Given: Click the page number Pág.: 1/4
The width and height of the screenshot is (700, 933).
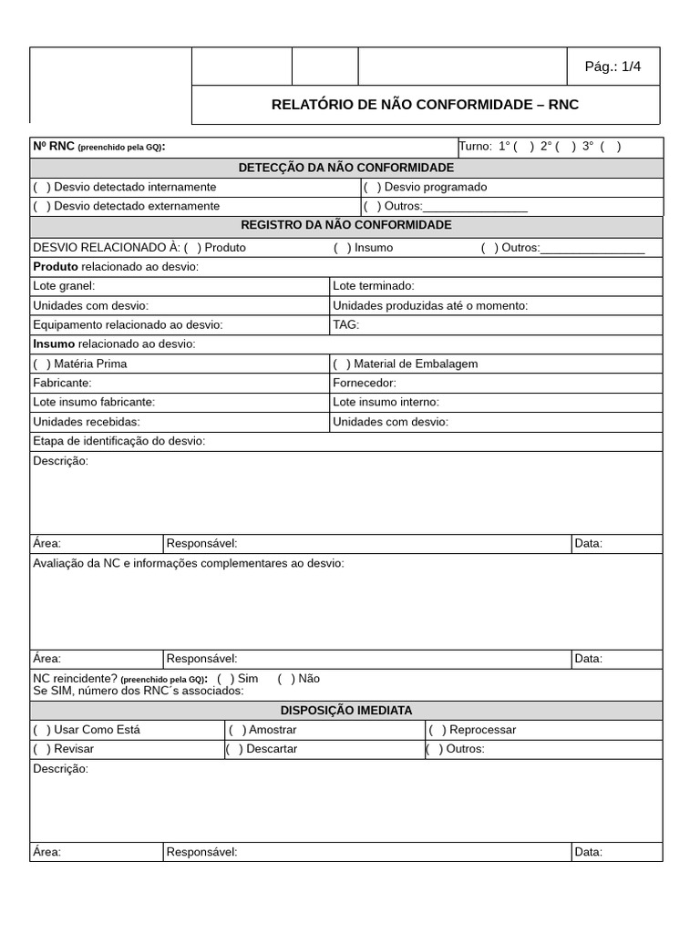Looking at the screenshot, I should point(612,67).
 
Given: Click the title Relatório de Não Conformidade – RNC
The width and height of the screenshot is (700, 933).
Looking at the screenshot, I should point(425,105).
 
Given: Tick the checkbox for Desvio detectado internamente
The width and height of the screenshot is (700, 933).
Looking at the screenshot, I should point(42,187).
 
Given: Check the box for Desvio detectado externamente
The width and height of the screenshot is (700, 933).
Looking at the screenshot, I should point(42,206).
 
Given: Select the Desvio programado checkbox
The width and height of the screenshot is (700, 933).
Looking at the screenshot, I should point(372,187).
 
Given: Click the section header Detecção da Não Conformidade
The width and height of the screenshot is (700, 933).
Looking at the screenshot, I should point(345,168).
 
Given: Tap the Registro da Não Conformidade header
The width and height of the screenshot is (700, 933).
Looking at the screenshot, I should point(345,225).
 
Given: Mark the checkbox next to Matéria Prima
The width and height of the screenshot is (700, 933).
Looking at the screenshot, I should point(42,364).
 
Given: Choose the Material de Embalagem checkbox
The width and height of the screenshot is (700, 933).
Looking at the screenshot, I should point(342,364).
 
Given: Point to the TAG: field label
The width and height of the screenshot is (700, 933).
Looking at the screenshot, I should point(346,324).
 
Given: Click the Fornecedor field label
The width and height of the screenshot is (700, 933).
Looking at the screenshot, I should point(365,383).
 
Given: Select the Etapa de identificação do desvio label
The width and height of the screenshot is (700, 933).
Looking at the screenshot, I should point(118,441).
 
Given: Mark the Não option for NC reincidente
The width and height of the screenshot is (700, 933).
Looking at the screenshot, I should point(286,679).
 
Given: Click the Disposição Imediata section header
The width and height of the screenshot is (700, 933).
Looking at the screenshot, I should point(345,711).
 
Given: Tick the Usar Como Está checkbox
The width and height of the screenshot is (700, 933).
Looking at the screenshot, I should point(42,730).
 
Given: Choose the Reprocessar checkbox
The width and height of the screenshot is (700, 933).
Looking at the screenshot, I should point(437,730).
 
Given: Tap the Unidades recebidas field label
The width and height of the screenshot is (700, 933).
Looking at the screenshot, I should point(87,422).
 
